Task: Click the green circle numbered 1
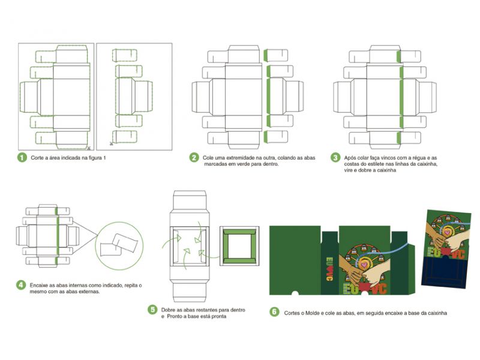(22, 158)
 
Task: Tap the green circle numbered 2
(194, 158)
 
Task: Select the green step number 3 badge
(335, 158)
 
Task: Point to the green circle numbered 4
(22, 284)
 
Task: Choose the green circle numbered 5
(154, 310)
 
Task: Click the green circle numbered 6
(274, 312)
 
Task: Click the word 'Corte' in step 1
(38, 158)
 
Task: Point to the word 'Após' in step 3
(350, 158)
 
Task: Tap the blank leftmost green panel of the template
(293, 258)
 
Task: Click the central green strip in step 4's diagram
(56, 231)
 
